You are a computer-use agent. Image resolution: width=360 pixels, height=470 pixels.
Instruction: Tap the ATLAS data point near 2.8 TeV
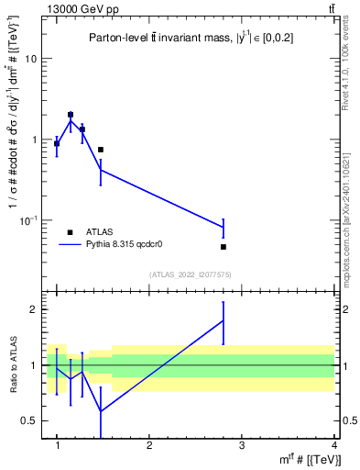[224, 247]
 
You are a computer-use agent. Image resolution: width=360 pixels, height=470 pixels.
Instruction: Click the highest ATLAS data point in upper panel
[71, 115]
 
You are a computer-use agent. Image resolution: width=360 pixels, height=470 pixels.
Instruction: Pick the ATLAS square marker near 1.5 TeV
[101, 150]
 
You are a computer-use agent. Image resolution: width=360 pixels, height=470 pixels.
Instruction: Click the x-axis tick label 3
[241, 445]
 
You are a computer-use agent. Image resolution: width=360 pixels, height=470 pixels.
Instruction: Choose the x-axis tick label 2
[149, 445]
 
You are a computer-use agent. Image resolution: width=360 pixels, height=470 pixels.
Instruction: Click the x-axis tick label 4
[333, 445]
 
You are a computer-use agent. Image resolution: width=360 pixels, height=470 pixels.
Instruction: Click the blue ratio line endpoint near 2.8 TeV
[224, 320]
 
